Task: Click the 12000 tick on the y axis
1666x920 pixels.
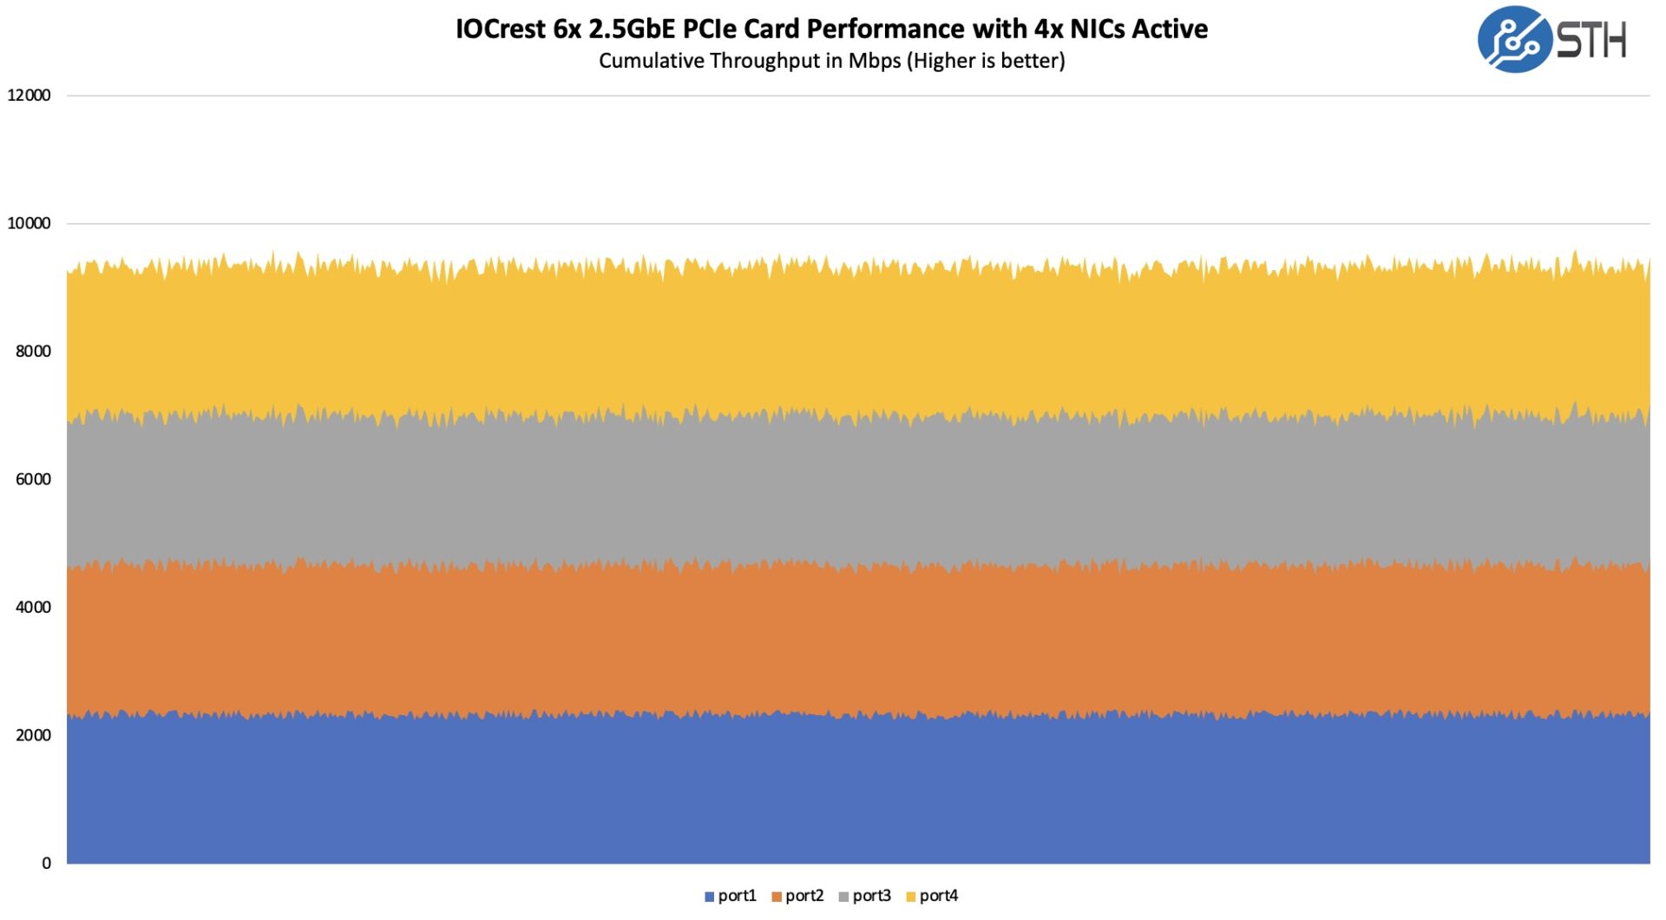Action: (x=30, y=95)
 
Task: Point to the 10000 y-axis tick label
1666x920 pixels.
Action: (x=30, y=223)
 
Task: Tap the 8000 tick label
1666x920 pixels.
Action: (x=33, y=352)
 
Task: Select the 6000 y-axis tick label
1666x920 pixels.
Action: (x=33, y=479)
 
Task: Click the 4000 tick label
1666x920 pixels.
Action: (x=33, y=608)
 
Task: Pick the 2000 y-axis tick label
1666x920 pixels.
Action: (x=33, y=735)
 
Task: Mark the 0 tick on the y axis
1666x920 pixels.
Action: (x=47, y=864)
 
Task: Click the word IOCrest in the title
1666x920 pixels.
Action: (x=501, y=30)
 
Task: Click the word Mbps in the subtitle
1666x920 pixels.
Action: (x=875, y=61)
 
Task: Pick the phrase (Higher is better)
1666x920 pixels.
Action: (x=986, y=61)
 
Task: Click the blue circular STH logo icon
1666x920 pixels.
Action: (x=1514, y=40)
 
